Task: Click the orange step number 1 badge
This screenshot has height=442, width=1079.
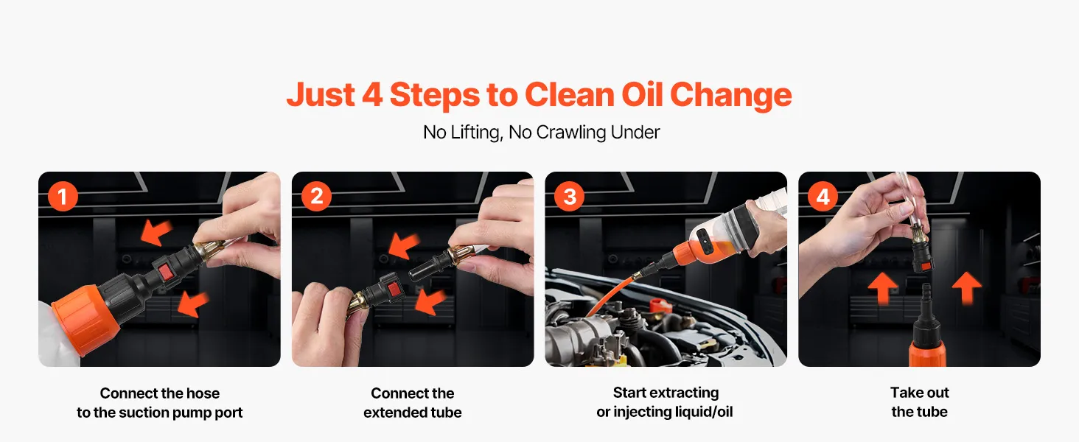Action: (x=63, y=197)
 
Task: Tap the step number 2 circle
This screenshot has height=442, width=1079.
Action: (x=316, y=197)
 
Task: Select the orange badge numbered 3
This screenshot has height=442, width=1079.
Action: (x=570, y=197)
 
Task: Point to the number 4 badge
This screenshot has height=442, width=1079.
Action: (x=823, y=197)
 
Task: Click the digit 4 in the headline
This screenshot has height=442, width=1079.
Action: (x=372, y=94)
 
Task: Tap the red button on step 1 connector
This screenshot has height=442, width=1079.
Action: (x=167, y=271)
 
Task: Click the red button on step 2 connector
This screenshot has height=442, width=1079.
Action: (x=395, y=290)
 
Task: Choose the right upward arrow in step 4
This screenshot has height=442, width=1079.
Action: (x=967, y=288)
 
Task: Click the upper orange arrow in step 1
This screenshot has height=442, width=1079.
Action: (x=156, y=232)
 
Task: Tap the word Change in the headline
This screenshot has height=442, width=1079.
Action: (x=730, y=95)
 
